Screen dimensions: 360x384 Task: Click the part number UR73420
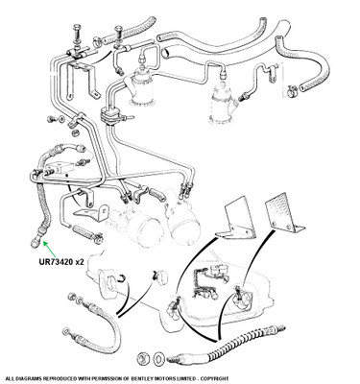tap(56, 262)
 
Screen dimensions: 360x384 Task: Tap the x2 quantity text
tap(80, 262)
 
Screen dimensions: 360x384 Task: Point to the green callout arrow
tap(50, 249)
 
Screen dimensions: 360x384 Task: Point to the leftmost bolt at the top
tap(78, 34)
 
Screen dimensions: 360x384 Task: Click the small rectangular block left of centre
tap(60, 167)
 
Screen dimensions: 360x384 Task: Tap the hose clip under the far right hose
tap(292, 89)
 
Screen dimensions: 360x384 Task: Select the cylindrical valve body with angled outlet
tap(224, 103)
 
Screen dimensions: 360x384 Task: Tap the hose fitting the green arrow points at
tap(36, 237)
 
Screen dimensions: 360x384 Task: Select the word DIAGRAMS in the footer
tap(28, 378)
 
